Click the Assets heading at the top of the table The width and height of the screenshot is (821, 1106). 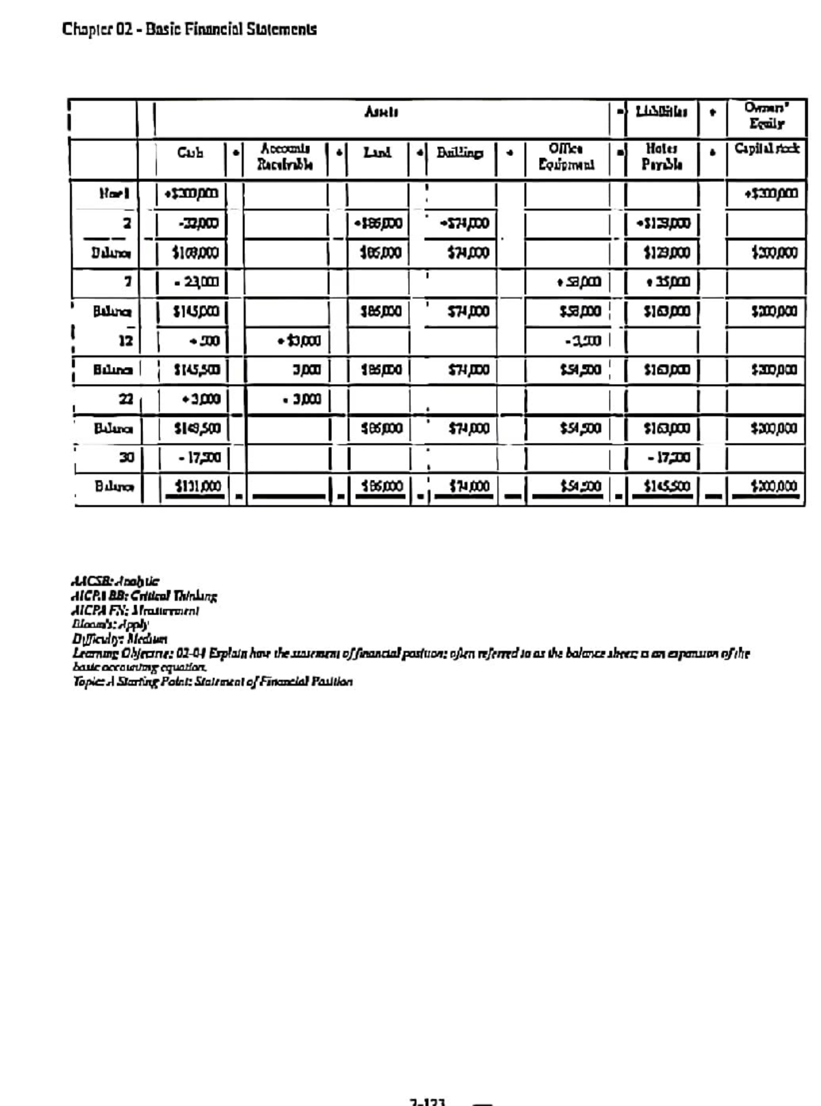pos(382,112)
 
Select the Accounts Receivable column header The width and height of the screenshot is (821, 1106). pos(285,157)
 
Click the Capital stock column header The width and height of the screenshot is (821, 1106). pos(766,149)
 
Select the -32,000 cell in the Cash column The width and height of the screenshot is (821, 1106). pos(194,224)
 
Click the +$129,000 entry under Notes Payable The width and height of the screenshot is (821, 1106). pos(661,224)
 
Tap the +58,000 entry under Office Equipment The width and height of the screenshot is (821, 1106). pos(578,282)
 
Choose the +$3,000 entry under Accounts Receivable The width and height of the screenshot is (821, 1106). pos(299,340)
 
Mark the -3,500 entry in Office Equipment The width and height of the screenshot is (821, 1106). pos(582,340)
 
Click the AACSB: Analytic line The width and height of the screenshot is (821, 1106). pos(116,582)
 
